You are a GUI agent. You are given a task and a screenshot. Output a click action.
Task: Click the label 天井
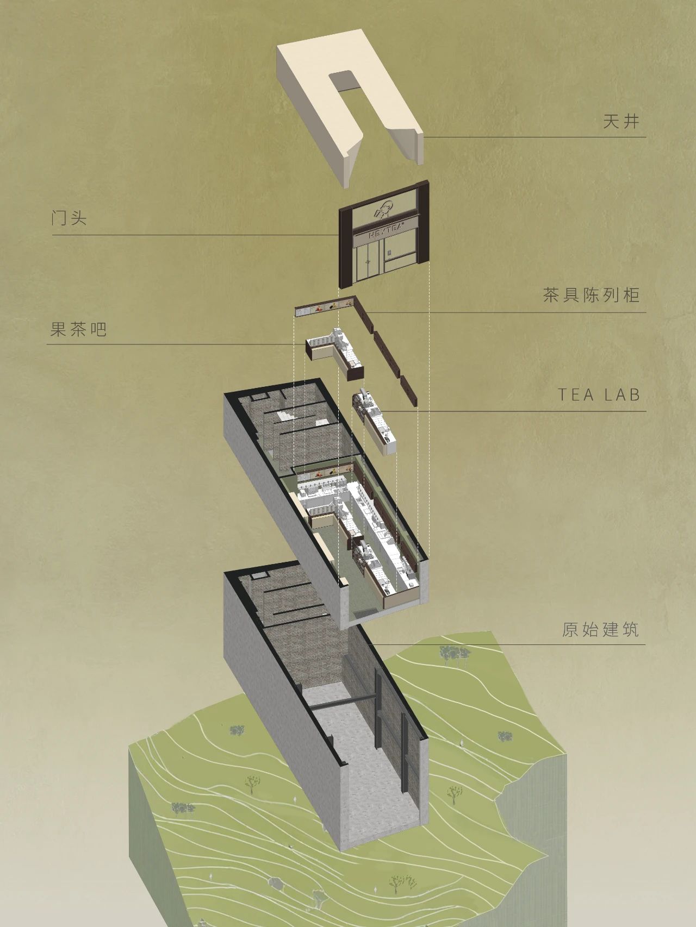point(620,121)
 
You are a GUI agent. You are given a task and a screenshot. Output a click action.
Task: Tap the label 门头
point(69,218)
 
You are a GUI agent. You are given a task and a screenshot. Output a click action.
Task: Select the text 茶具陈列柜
point(591,296)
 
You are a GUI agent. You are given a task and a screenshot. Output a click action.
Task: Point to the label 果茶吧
point(78,329)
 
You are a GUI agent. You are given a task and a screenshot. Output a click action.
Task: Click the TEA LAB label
point(599,395)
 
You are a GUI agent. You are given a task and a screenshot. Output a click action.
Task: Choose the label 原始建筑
point(600,630)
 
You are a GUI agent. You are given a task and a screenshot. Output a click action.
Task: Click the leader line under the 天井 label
point(536,137)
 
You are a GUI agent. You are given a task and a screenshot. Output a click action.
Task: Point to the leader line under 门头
point(196,235)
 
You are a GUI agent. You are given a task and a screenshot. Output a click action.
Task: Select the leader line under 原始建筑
point(506,645)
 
